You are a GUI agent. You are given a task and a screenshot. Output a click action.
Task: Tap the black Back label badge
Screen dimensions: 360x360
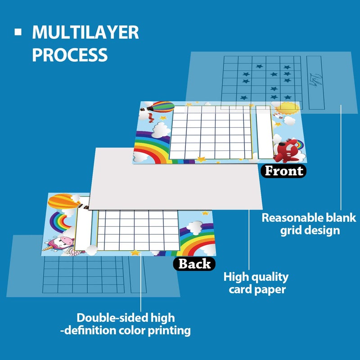click(194, 264)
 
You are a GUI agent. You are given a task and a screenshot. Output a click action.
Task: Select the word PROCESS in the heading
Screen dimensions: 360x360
click(70, 54)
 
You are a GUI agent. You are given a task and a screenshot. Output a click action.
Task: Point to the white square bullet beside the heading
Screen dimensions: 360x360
click(18, 32)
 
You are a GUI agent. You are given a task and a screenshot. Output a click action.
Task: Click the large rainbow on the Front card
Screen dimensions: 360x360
click(151, 144)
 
